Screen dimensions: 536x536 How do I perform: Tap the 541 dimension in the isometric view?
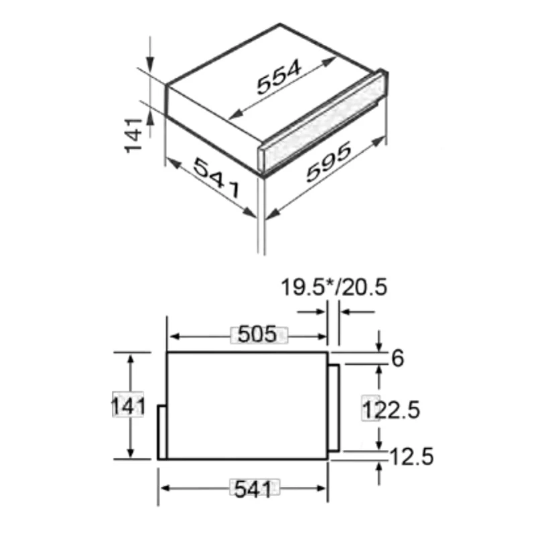click(216, 177)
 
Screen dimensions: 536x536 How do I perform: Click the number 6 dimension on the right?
click(397, 358)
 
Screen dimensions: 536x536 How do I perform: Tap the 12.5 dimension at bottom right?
click(412, 458)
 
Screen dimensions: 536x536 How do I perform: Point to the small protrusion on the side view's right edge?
click(333, 407)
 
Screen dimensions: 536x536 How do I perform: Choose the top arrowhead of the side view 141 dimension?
click(131, 359)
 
